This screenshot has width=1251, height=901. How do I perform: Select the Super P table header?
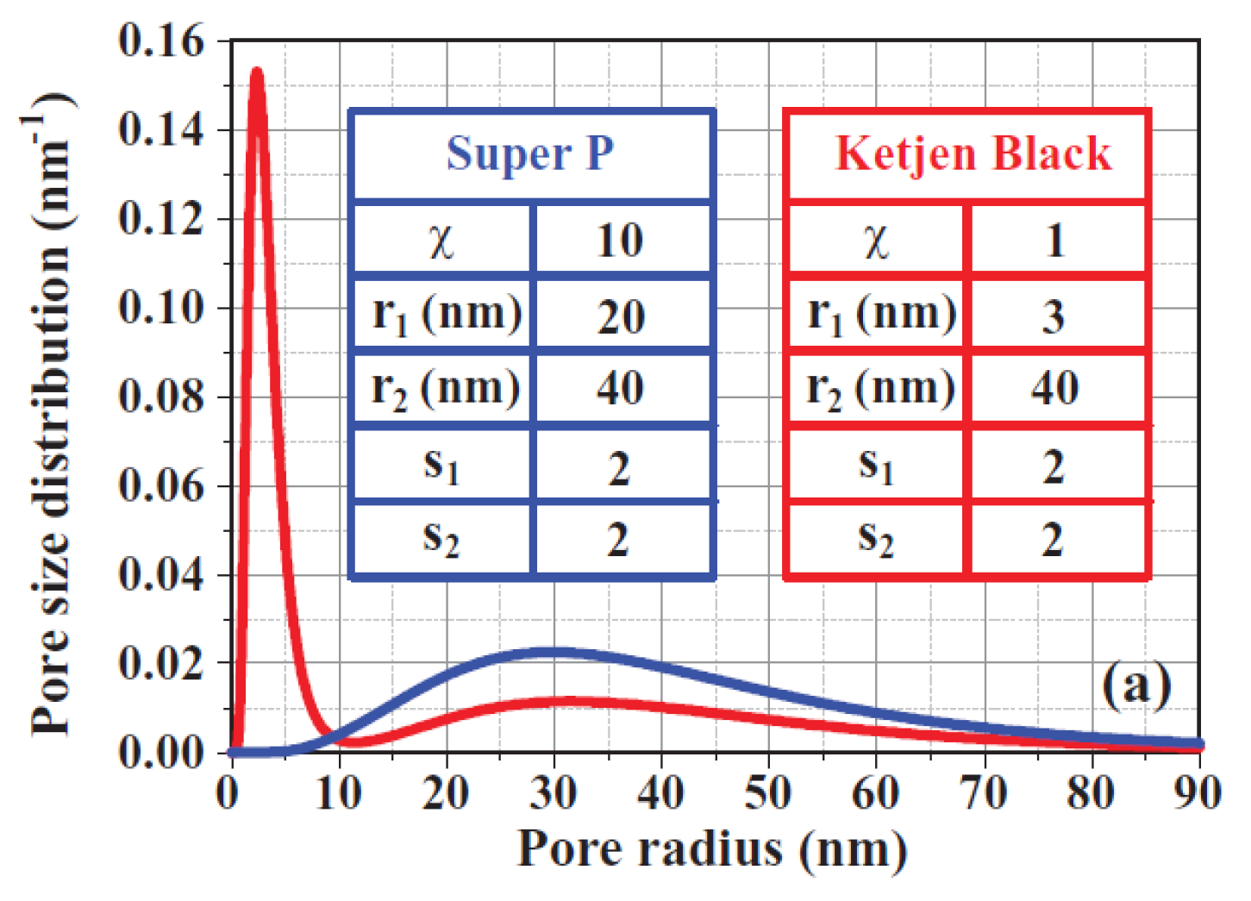(x=530, y=155)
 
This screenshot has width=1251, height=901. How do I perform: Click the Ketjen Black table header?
(x=973, y=155)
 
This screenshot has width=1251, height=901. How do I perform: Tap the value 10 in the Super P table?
(x=620, y=240)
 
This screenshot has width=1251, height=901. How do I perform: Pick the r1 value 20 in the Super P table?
(x=620, y=316)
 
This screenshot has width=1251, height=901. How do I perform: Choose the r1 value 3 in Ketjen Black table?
(x=1054, y=316)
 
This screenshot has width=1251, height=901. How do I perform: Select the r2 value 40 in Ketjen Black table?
(x=1054, y=388)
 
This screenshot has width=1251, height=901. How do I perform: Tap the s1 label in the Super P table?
(x=441, y=466)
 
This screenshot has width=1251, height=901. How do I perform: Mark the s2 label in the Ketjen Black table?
(x=875, y=539)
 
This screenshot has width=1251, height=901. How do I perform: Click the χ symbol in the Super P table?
(x=441, y=241)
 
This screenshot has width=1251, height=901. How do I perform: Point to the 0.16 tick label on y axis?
(x=162, y=41)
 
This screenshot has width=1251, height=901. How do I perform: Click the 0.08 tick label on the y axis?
(x=162, y=397)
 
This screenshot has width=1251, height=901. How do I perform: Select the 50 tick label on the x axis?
(x=767, y=792)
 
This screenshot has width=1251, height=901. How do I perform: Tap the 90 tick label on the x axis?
(x=1197, y=792)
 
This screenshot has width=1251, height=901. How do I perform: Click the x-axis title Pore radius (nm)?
(x=712, y=849)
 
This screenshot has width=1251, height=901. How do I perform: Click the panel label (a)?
(x=1136, y=685)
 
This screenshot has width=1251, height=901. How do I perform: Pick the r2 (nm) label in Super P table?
(x=445, y=389)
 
